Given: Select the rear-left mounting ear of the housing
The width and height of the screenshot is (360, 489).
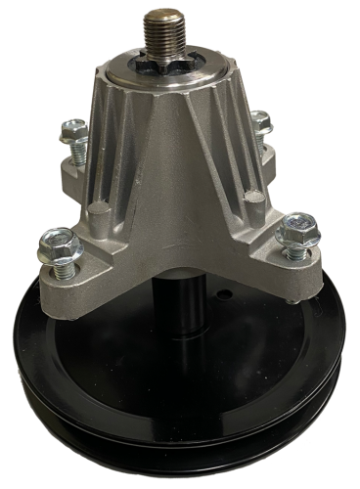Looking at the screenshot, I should point(73,171).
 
